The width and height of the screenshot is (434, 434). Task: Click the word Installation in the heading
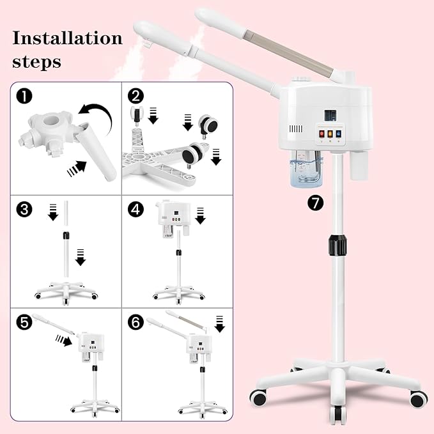[x=67, y=38]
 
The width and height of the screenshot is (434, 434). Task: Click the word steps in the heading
[x=37, y=62]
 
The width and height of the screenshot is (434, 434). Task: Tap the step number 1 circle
[x=25, y=97]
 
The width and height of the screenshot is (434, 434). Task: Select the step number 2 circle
[x=135, y=96]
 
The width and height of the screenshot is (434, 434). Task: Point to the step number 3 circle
[x=24, y=209]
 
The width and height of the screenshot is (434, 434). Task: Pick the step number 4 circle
[x=135, y=209]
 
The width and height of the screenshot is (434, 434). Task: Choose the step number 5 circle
[x=24, y=322]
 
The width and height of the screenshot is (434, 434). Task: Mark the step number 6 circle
[x=135, y=322]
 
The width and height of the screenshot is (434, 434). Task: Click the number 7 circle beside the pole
[x=316, y=203]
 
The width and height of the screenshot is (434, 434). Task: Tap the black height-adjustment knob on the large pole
[x=337, y=245]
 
